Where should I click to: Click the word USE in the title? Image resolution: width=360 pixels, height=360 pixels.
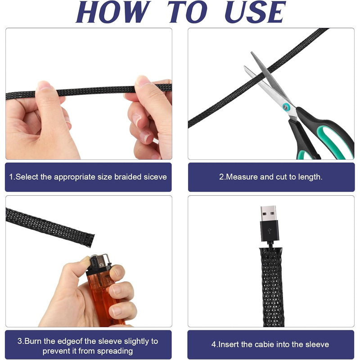click(x=255, y=12)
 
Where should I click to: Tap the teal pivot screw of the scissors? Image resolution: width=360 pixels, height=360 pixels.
click(x=286, y=107)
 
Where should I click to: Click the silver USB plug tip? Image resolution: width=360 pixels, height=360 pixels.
click(x=268, y=213)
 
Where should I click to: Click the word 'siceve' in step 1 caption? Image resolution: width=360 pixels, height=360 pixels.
click(x=155, y=177)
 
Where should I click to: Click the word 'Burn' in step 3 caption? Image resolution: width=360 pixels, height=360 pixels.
click(x=33, y=341)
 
